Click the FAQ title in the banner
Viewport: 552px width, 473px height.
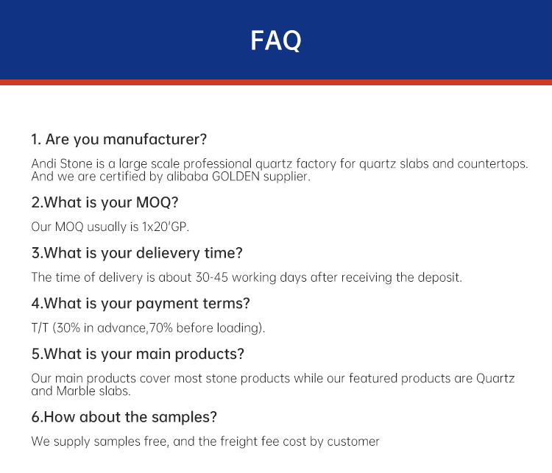276,40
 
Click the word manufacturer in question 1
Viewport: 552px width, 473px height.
155,139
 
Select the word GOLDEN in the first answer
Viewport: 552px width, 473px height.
236,177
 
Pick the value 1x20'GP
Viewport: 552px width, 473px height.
166,227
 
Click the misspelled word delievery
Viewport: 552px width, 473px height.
169,253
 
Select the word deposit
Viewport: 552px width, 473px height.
439,277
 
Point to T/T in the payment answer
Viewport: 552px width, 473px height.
40,328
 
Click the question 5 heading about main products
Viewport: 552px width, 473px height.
138,355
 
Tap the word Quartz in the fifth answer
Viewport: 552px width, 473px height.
495,378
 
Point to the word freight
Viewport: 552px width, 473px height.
236,441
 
